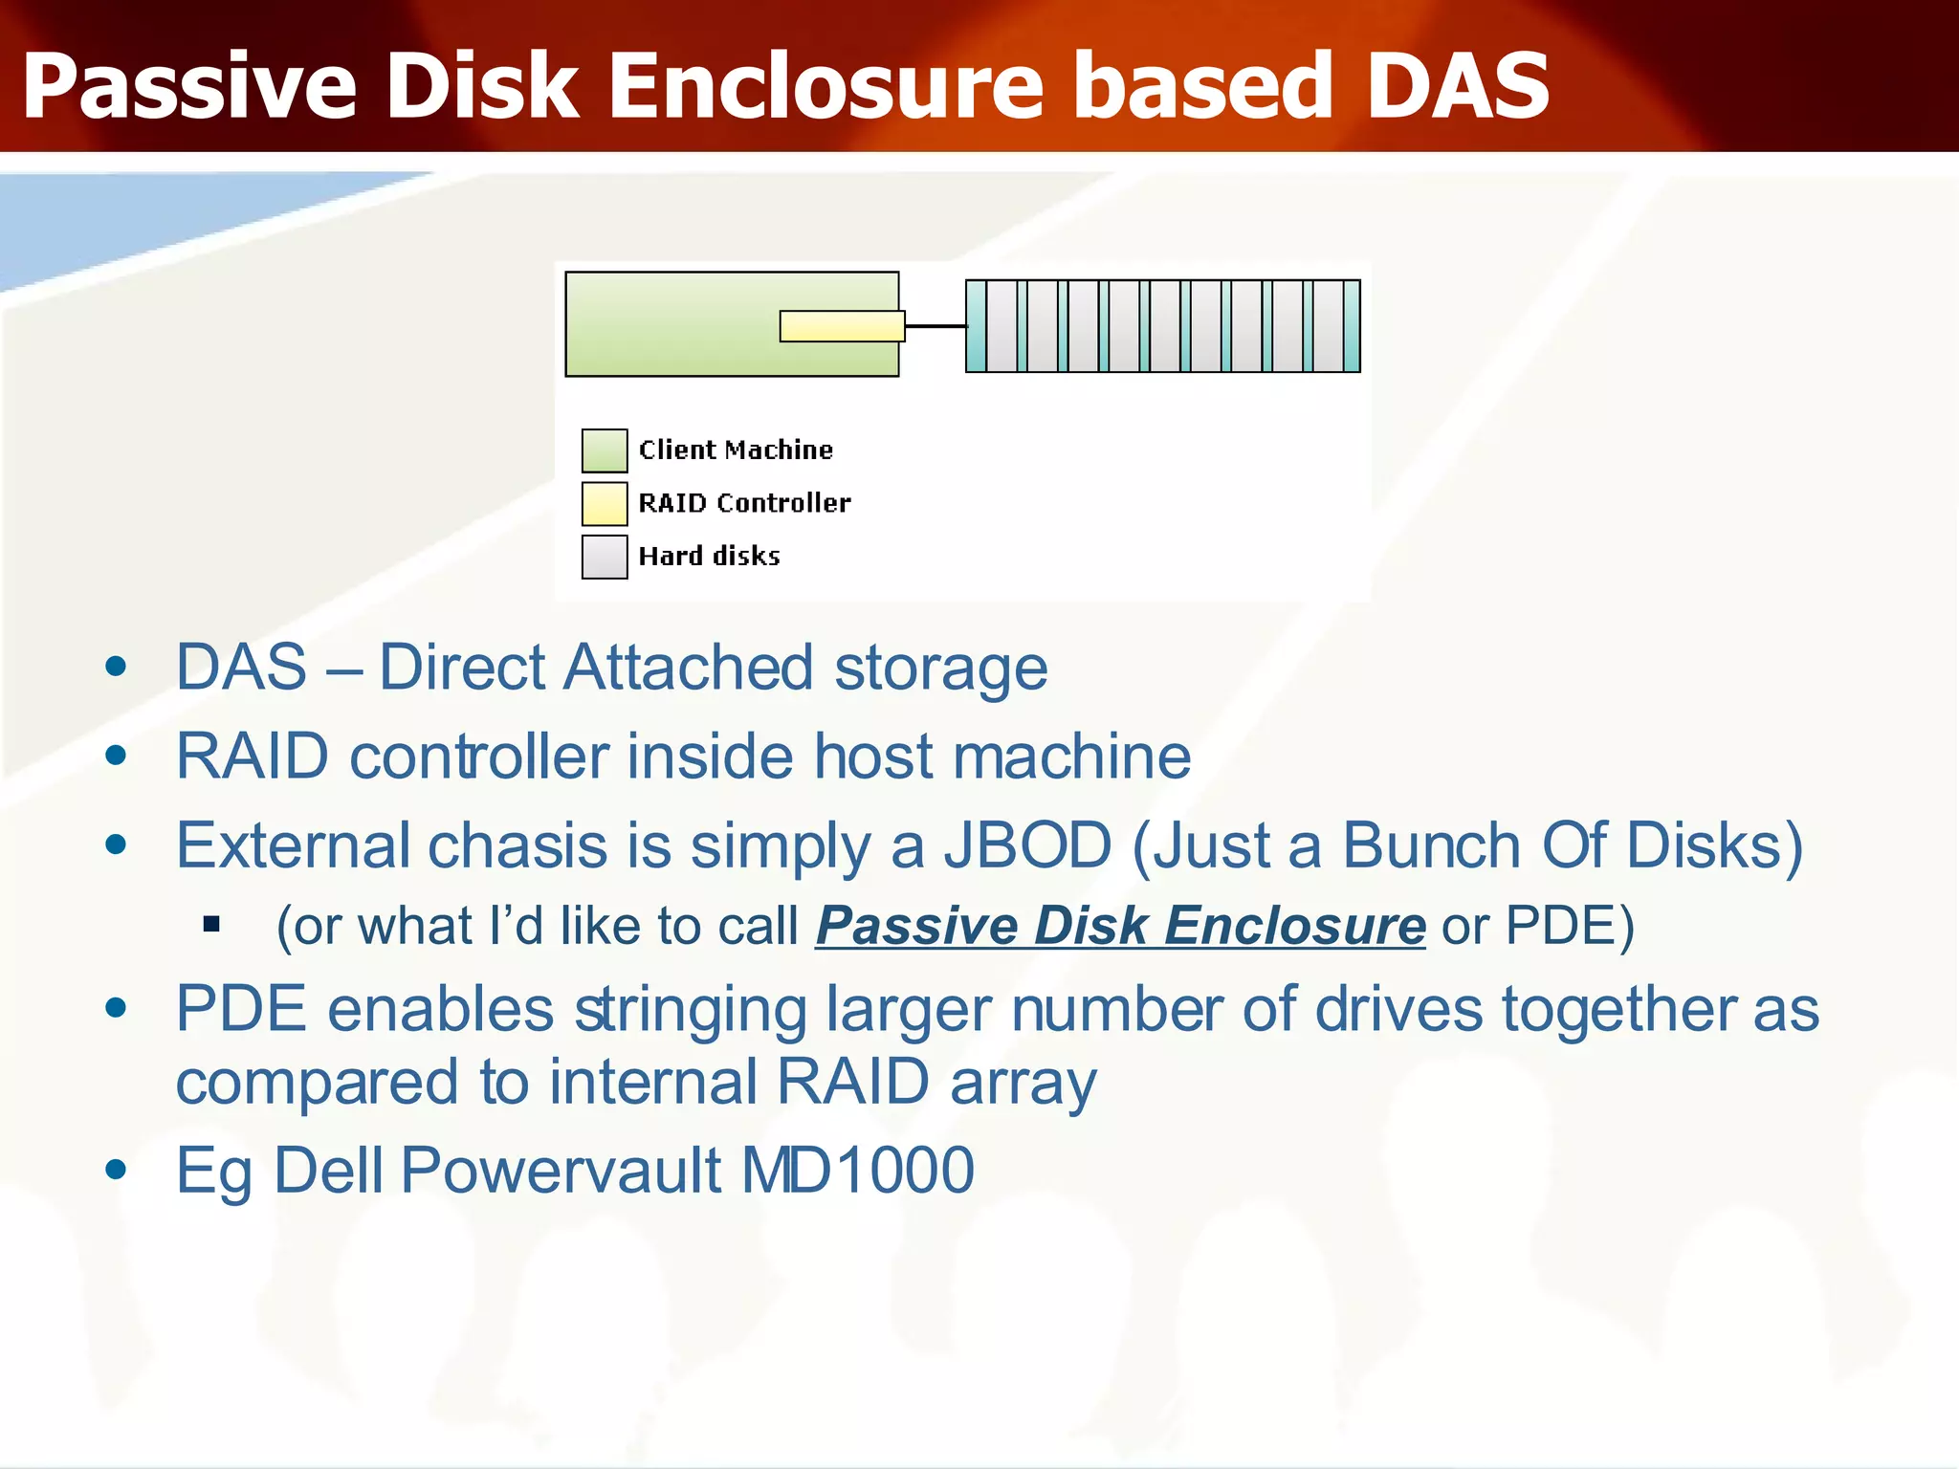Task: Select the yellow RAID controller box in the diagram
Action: [842, 326]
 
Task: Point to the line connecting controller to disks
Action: [935, 326]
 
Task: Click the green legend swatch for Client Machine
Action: [605, 450]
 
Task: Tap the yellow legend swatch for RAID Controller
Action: [605, 504]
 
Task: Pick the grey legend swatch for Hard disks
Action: [605, 557]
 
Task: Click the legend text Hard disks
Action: [709, 557]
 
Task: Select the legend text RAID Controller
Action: [744, 503]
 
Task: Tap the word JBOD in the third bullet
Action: [1028, 845]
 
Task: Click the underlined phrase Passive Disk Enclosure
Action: [1120, 926]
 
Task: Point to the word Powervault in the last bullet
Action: [561, 1170]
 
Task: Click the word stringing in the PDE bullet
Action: [691, 1011]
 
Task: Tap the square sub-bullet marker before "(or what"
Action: [212, 925]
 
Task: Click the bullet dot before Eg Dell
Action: [117, 1169]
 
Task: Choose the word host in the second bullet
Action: [873, 756]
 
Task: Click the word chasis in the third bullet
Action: [517, 845]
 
